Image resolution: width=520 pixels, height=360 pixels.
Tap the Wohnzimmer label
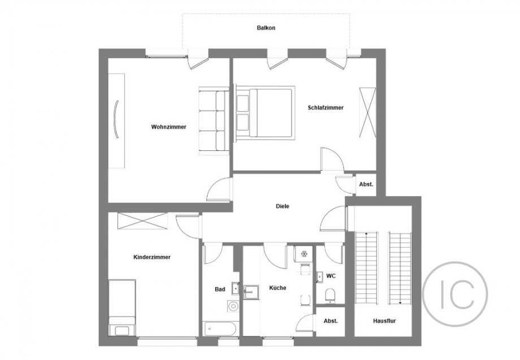click(168, 127)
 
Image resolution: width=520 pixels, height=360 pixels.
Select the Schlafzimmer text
click(326, 107)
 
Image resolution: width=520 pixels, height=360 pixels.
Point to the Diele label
click(283, 206)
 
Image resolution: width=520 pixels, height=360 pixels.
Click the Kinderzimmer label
click(152, 257)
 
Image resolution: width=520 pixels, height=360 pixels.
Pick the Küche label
click(278, 288)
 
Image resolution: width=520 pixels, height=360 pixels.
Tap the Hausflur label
click(383, 320)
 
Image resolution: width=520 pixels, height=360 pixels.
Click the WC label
click(331, 276)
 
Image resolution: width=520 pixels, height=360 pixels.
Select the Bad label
click(220, 289)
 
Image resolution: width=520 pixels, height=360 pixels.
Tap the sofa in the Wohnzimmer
click(213, 120)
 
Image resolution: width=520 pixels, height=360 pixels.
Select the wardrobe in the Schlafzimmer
click(367, 112)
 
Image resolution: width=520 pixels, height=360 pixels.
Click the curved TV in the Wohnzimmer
click(116, 120)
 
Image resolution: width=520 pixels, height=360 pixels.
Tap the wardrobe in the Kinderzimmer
click(142, 220)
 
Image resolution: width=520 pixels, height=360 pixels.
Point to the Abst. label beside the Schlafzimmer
click(366, 184)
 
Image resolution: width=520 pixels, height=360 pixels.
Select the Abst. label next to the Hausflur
click(330, 320)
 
